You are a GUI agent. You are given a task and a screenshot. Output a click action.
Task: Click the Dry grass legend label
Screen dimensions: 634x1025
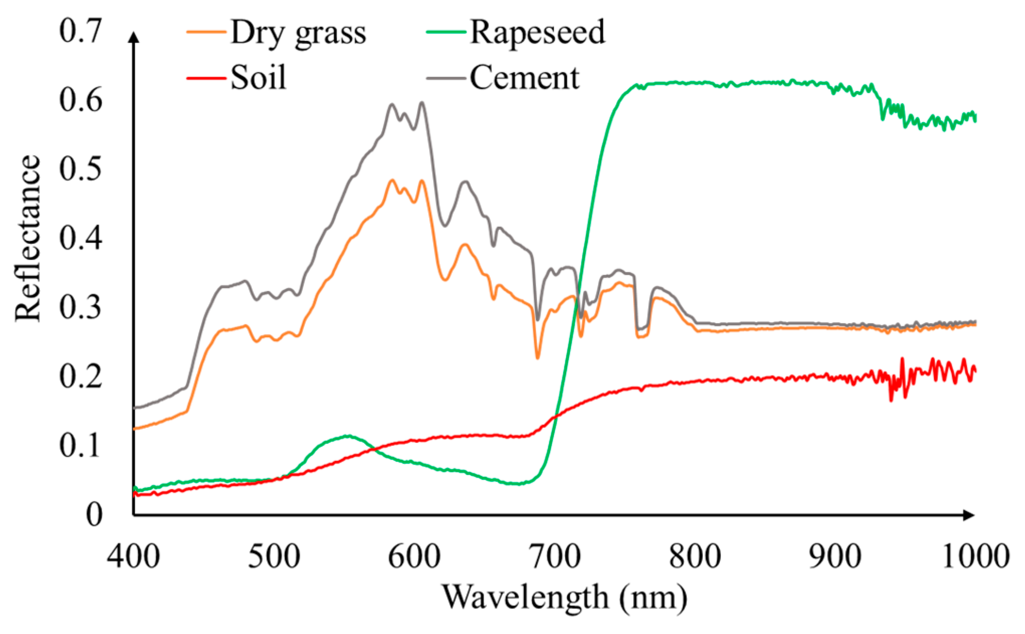pyautogui.click(x=298, y=33)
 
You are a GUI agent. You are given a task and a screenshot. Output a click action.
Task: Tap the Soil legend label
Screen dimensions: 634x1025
pyautogui.click(x=258, y=78)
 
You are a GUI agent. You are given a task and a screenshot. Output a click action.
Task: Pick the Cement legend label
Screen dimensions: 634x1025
pyautogui.click(x=524, y=78)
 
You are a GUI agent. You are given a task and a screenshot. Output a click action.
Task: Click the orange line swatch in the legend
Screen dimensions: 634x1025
pyautogui.click(x=206, y=32)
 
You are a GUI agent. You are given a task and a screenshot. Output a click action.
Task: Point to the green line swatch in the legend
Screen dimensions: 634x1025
pyautogui.click(x=446, y=32)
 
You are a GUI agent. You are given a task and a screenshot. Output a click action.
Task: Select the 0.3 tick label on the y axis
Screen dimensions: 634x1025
pyautogui.click(x=80, y=306)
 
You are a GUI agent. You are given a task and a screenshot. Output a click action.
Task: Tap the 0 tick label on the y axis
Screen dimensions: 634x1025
pyautogui.click(x=94, y=514)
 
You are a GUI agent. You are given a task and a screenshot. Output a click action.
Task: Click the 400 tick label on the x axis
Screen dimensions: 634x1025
pyautogui.click(x=133, y=557)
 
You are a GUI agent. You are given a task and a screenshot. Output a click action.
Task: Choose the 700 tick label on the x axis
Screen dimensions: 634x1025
pyautogui.click(x=554, y=557)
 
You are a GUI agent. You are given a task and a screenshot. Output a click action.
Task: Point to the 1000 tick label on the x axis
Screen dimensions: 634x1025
pyautogui.click(x=975, y=557)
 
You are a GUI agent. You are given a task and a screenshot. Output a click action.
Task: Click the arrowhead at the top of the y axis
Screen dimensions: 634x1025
pyautogui.click(x=134, y=37)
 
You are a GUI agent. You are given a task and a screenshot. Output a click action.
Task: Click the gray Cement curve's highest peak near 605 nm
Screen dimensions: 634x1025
pyautogui.click(x=422, y=102)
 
